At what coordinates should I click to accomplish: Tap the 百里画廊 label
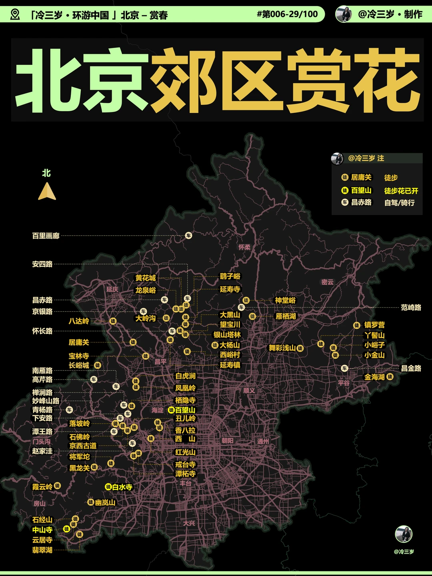pos(46,236)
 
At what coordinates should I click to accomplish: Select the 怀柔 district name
pos(244,247)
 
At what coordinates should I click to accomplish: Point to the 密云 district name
pos(327,282)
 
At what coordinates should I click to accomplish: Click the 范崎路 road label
pos(411,308)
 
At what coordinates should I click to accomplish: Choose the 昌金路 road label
pos(411,368)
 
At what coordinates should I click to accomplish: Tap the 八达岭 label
pos(79,321)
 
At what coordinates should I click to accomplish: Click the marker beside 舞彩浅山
pos(300,348)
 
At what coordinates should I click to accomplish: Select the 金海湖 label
pos(374,377)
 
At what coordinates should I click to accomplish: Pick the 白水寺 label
pos(122,487)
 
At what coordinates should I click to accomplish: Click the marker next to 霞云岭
pos(57,486)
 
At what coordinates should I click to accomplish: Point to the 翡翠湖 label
pos(42,550)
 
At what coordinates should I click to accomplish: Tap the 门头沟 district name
pos(41,441)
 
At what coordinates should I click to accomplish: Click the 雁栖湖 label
pos(286,316)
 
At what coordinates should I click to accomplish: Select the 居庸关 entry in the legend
pos(361,177)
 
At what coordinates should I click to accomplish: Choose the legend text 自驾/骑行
pos(399,203)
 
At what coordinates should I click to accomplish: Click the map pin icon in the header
pos(15,15)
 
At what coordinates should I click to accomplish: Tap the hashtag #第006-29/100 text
pos(287,14)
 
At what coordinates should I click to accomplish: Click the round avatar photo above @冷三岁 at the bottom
pos(403,534)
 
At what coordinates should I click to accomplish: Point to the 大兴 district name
pos(189,523)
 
